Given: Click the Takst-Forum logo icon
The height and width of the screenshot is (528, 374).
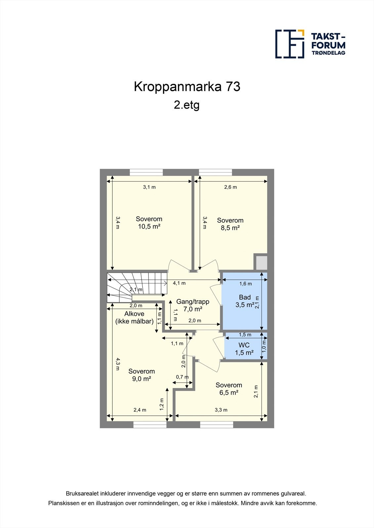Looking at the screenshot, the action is click(x=290, y=44).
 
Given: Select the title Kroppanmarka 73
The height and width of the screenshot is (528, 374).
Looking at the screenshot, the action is click(x=187, y=87).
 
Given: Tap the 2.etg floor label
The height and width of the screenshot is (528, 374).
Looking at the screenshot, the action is click(x=187, y=105).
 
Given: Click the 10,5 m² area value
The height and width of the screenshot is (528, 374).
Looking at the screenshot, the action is click(x=149, y=226).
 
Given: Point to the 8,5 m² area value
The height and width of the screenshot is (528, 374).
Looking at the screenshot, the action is click(x=230, y=228).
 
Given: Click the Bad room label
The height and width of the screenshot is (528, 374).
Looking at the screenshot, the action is click(x=245, y=297).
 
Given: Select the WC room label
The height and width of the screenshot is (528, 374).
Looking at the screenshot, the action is click(x=244, y=345).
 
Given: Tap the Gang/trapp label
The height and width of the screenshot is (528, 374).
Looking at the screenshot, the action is click(x=193, y=302).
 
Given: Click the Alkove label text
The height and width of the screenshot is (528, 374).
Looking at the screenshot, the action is click(x=134, y=314).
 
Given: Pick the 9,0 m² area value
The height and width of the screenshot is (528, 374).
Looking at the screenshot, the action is click(x=142, y=379).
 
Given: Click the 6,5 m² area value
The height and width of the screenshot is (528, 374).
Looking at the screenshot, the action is click(x=229, y=392).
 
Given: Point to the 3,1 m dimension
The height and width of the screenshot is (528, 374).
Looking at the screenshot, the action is click(x=149, y=187).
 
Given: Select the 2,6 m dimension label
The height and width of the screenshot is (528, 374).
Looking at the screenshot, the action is click(x=230, y=187).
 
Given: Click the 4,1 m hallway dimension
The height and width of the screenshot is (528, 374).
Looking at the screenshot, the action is click(x=179, y=283).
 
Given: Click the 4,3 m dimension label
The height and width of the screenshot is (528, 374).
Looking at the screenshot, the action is click(x=118, y=364).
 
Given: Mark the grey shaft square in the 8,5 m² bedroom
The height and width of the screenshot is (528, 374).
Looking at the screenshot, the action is click(x=261, y=262).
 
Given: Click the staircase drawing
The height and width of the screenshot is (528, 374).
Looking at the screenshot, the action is click(x=137, y=287).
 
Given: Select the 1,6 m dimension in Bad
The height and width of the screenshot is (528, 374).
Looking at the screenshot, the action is click(x=246, y=284).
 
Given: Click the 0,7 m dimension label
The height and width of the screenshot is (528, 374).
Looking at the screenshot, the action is click(x=182, y=377).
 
